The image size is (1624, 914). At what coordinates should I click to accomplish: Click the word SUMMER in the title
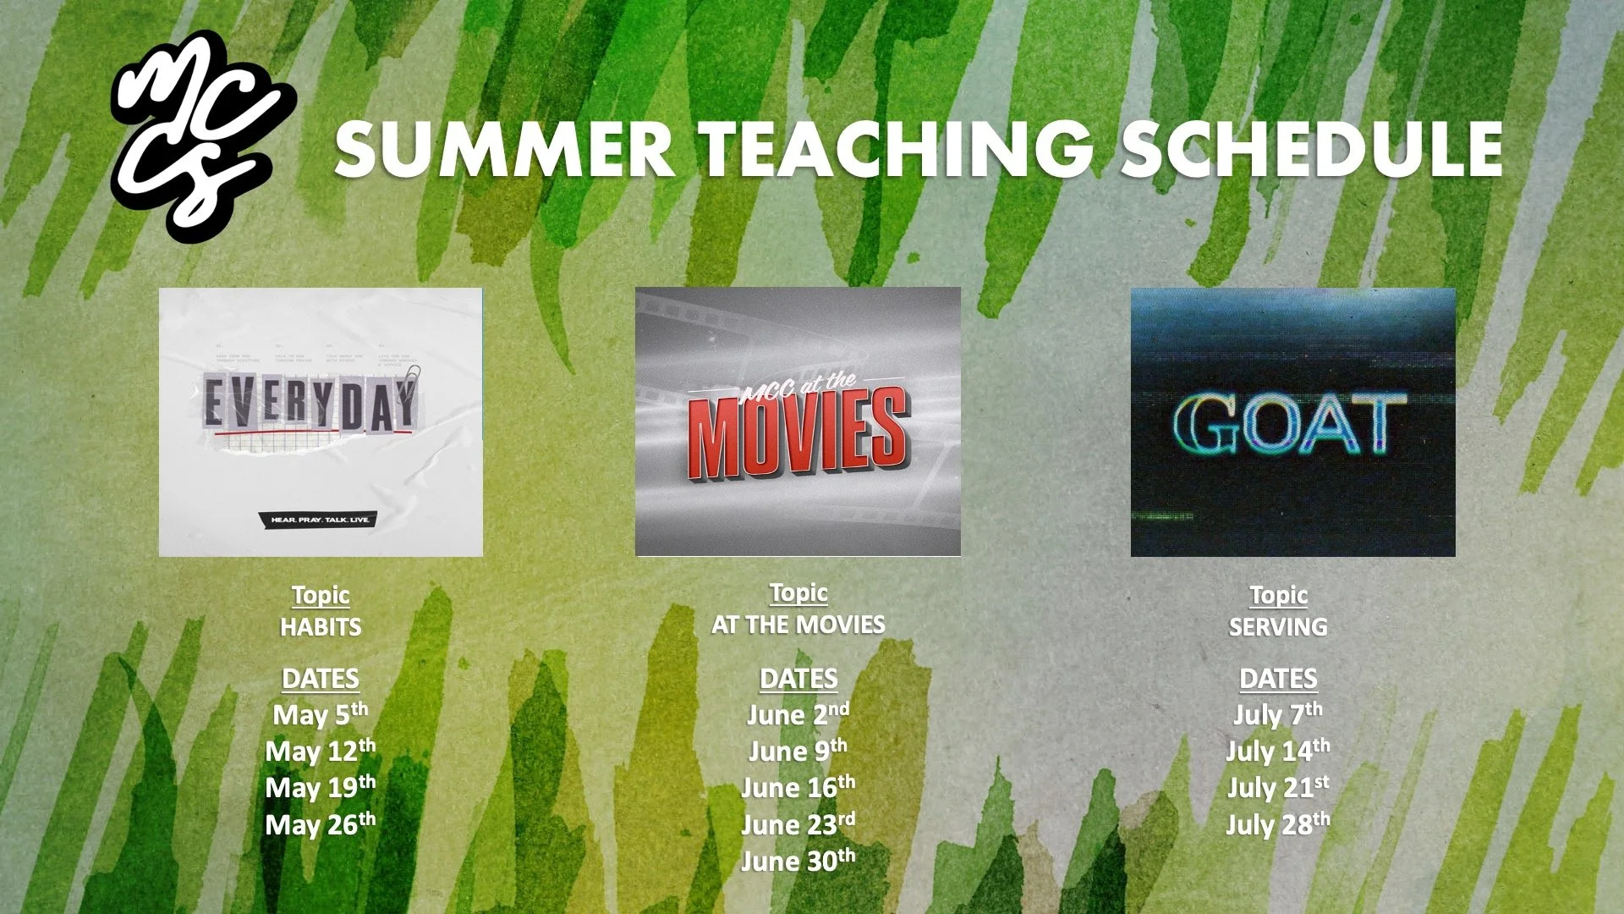click(x=504, y=149)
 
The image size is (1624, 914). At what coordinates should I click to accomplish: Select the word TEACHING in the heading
click(x=898, y=149)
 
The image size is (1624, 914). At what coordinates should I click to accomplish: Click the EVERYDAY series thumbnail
click(x=321, y=421)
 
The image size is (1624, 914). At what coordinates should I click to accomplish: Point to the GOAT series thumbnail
click(x=1292, y=421)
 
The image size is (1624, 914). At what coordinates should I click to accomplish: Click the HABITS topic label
click(x=321, y=627)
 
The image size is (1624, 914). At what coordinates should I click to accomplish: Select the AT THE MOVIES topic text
click(x=798, y=625)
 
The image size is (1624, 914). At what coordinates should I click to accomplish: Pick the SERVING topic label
click(x=1278, y=627)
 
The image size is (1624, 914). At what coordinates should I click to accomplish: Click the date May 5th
click(x=321, y=714)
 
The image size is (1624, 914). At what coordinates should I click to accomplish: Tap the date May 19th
click(x=321, y=787)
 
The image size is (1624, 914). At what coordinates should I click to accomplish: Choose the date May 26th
click(x=321, y=824)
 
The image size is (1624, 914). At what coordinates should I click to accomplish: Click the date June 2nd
click(x=798, y=714)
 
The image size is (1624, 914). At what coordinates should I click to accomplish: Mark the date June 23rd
click(x=798, y=824)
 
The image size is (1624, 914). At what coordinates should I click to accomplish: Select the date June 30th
click(x=798, y=861)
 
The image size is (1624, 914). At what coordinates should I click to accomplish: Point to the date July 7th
click(x=1278, y=714)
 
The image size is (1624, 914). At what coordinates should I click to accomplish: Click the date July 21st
click(x=1278, y=787)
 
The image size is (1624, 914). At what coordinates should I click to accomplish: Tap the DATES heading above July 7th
click(x=1278, y=679)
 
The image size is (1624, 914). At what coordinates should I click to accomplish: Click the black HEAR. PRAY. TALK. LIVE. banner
click(x=321, y=519)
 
